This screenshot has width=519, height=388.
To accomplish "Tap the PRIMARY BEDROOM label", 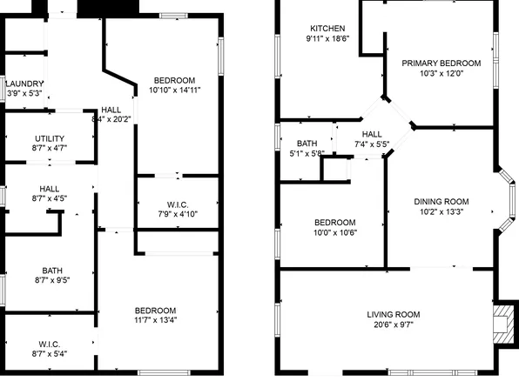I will pos(441,63).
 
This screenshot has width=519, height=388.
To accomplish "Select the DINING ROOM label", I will pos(441,201).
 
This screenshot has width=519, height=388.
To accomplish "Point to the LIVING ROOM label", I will pos(393,314).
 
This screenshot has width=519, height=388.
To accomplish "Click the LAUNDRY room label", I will pos(25,84).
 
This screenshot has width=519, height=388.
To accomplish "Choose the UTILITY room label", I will pos(49,138).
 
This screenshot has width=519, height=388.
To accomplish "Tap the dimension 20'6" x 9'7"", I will pos(393,325).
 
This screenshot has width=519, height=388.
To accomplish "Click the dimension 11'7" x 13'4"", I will pos(155,321).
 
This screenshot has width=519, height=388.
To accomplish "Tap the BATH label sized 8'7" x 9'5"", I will pos(49,280).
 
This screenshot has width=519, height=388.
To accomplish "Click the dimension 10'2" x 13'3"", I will pos(441,211).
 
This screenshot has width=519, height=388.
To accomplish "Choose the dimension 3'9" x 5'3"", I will pos(25,94).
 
